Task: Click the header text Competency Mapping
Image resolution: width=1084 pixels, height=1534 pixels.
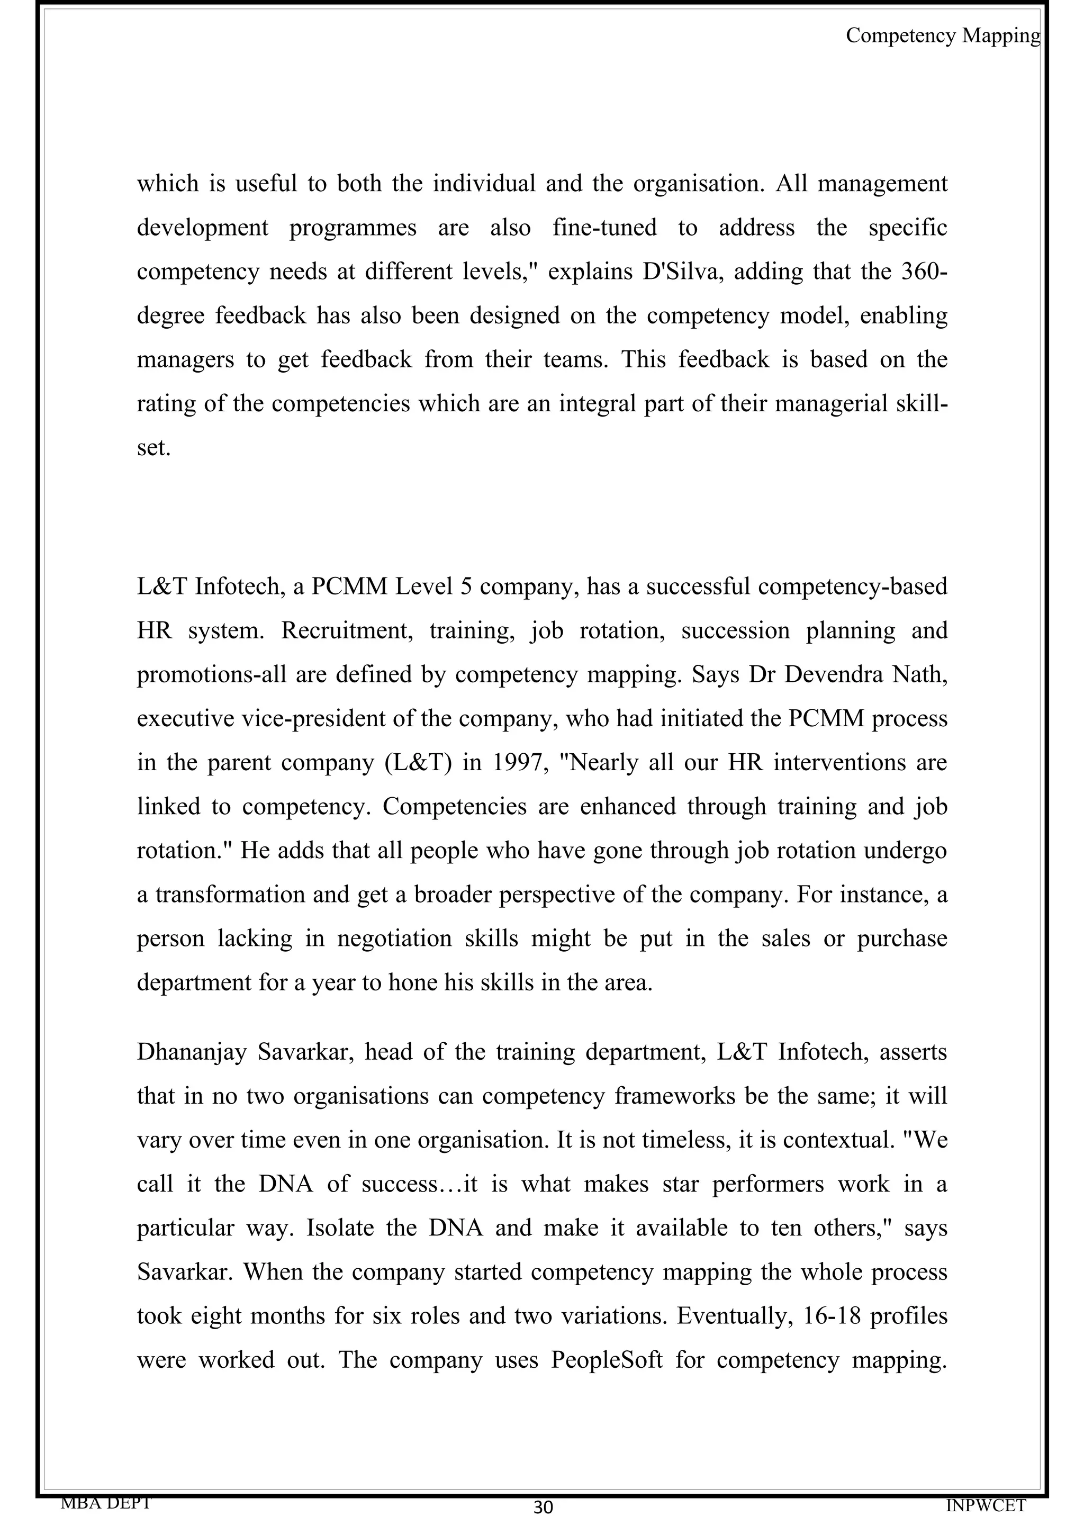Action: click(x=942, y=35)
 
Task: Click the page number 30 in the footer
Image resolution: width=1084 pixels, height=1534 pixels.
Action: click(x=543, y=1506)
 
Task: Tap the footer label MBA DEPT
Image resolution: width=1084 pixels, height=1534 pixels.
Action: click(x=106, y=1502)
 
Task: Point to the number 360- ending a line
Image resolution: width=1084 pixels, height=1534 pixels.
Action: click(x=924, y=272)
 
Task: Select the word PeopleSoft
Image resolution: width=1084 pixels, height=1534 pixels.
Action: click(x=607, y=1360)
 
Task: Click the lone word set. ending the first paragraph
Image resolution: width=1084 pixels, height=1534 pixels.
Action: click(x=153, y=448)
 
